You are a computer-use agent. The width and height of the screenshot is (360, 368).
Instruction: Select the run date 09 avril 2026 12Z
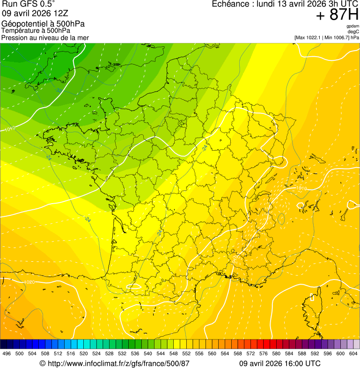tap(32, 13)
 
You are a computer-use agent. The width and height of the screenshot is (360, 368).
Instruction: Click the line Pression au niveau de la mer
tap(45, 37)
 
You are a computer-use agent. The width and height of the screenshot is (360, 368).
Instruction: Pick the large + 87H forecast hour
tap(337, 15)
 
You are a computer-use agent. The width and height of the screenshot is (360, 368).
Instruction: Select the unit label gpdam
tap(353, 26)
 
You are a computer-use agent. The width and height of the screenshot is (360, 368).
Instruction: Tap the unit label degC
tap(353, 31)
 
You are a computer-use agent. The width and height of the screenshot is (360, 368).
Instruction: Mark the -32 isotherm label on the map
tap(59, 89)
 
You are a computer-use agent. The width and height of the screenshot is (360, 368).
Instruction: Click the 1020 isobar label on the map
tap(29, 282)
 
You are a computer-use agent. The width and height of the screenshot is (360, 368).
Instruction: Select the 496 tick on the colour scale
tap(7, 353)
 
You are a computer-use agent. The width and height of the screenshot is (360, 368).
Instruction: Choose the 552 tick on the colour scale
tap(186, 353)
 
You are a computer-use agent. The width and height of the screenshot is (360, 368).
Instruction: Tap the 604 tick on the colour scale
tap(353, 353)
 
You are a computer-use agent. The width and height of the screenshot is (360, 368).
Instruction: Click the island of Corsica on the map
tap(315, 300)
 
